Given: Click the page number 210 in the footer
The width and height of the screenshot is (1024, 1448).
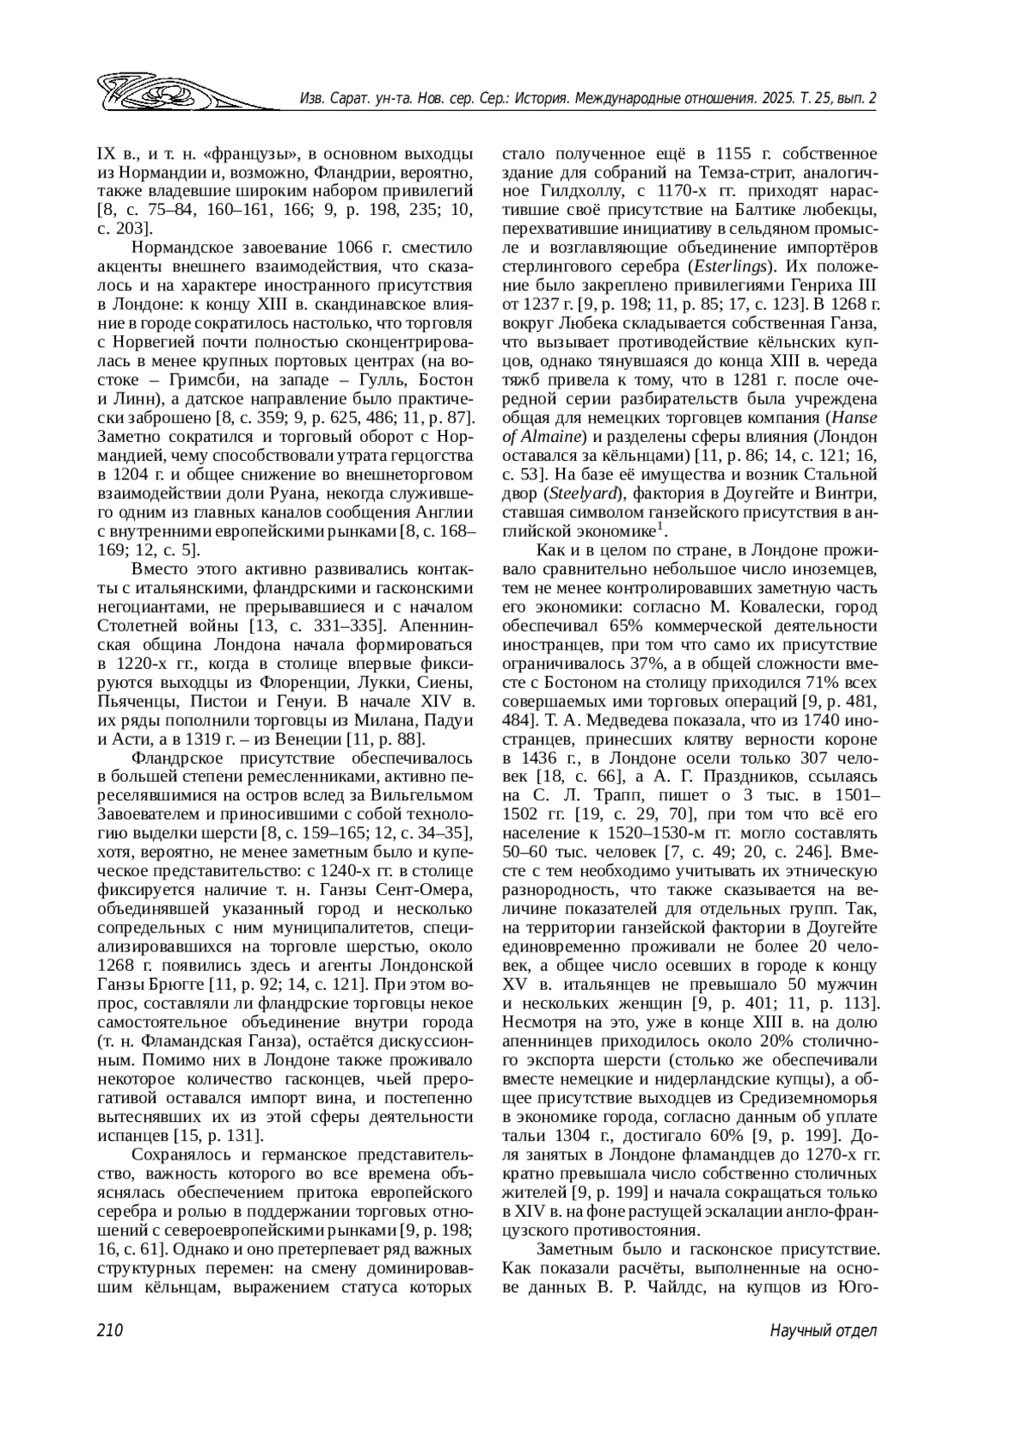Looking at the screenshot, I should click(112, 1331).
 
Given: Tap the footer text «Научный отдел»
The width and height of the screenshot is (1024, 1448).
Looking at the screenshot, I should click(823, 1331).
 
